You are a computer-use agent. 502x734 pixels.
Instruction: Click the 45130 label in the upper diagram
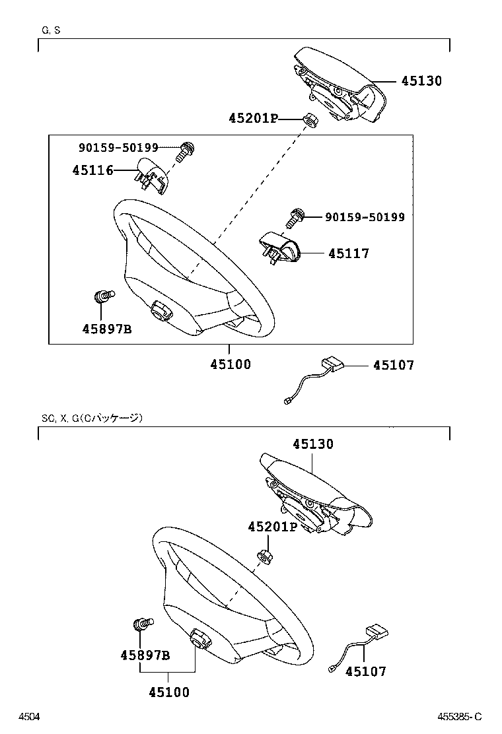430,81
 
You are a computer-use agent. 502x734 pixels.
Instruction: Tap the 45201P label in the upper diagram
253,119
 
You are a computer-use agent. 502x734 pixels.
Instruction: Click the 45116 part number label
92,170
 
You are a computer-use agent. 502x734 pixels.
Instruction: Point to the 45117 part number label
348,253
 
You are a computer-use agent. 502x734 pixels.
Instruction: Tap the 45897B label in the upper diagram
107,328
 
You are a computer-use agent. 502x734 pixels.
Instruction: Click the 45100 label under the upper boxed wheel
231,364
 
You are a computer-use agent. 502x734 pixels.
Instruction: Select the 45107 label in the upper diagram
394,365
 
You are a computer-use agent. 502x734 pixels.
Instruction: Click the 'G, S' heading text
51,30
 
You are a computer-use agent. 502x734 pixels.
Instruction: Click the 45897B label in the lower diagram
145,655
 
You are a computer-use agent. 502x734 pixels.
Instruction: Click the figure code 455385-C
460,717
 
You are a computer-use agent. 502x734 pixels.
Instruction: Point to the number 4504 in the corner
28,717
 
